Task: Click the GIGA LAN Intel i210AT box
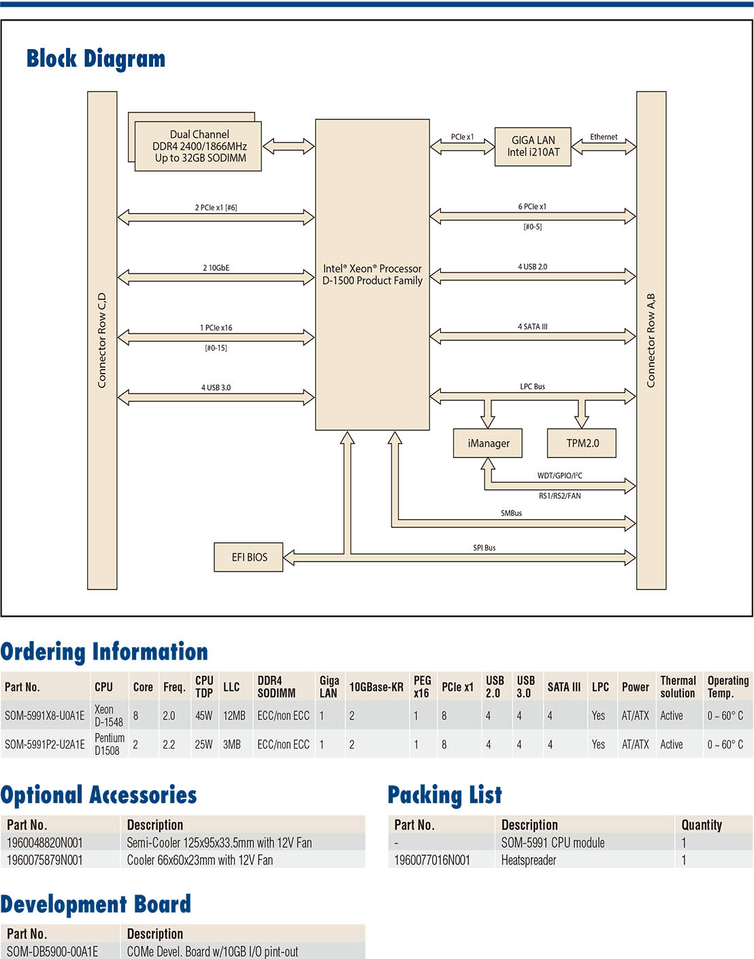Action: click(533, 146)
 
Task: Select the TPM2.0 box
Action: click(582, 443)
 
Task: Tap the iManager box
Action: click(487, 443)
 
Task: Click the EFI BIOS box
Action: click(248, 557)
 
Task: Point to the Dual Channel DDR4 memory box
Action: click(198, 146)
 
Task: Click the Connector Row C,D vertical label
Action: click(102, 340)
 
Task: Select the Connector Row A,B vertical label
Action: click(651, 340)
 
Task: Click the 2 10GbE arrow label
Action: click(216, 267)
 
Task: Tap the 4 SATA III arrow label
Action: click(533, 327)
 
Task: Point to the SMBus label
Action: click(511, 513)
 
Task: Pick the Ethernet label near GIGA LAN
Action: click(604, 137)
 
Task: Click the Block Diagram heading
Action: click(96, 59)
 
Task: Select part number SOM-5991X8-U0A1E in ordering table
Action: click(44, 716)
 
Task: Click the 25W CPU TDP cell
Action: click(203, 744)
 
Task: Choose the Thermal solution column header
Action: click(678, 687)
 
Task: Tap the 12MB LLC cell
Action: click(234, 716)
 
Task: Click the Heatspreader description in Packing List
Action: click(529, 860)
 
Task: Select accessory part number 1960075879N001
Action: click(44, 860)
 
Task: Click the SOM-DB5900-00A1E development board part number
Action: click(52, 952)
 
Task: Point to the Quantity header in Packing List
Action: click(702, 825)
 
